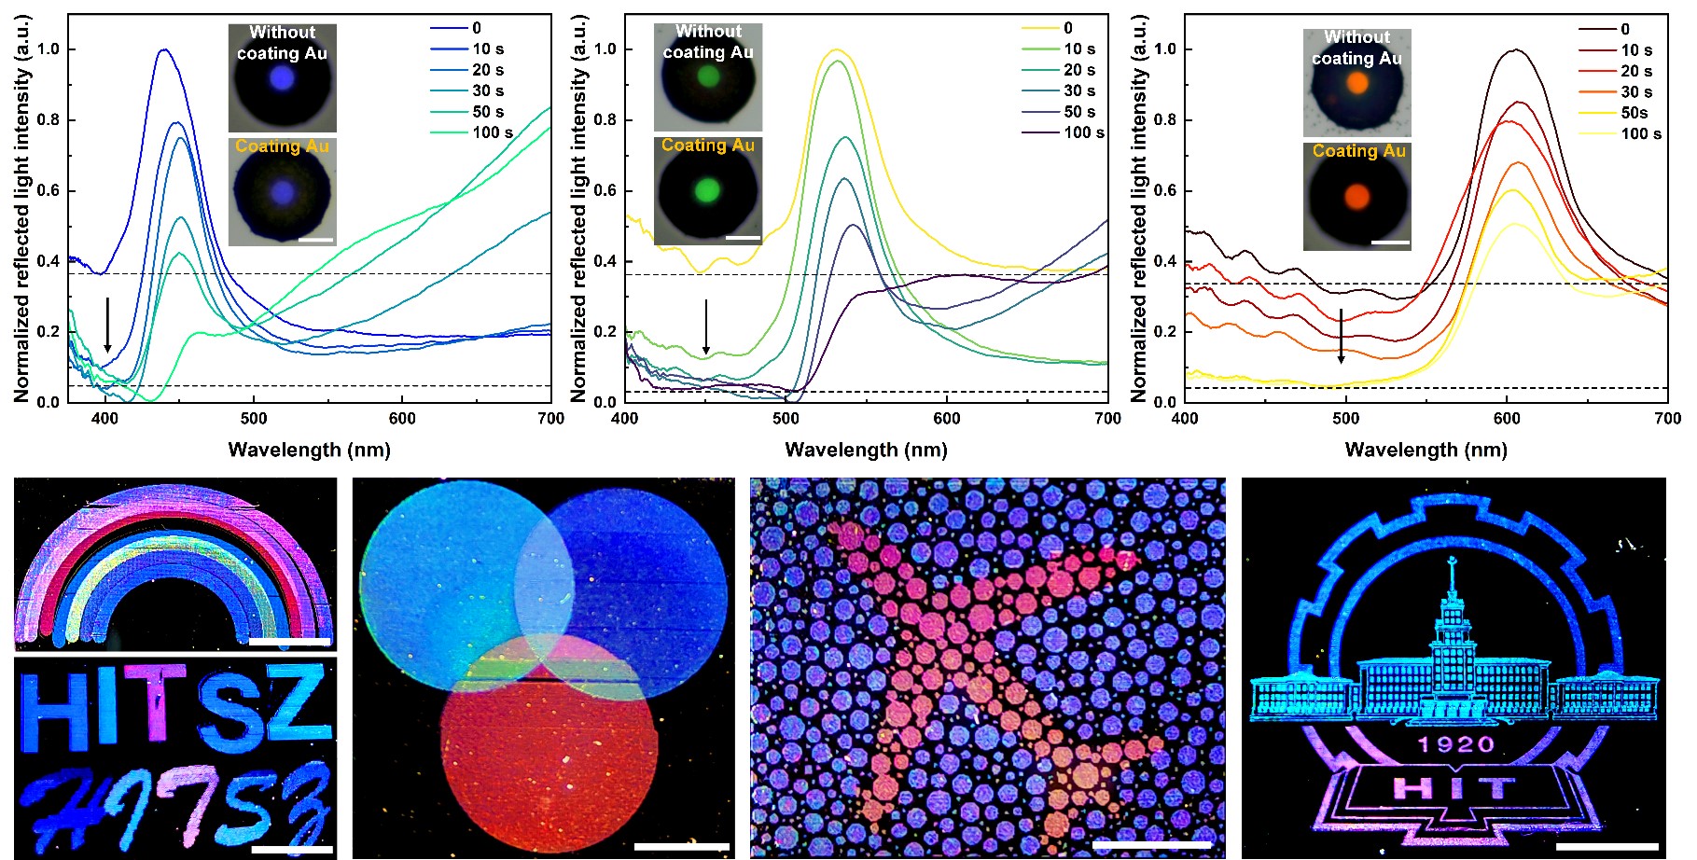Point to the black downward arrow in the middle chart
tap(706, 326)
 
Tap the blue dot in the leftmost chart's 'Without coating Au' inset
tap(283, 80)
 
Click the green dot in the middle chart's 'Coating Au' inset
tap(708, 190)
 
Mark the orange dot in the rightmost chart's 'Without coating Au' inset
tap(1357, 82)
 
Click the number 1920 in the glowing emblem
tap(1455, 744)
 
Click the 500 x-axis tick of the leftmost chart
tap(254, 419)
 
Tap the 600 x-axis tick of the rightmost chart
tap(1507, 419)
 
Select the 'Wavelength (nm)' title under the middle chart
tap(866, 450)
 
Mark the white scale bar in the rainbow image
tap(289, 642)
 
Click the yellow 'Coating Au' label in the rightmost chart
tap(1358, 151)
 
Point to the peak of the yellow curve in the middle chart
tap(837, 49)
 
